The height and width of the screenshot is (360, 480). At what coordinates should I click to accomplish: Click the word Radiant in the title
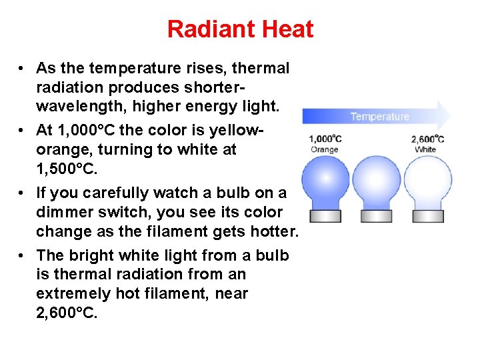[203, 29]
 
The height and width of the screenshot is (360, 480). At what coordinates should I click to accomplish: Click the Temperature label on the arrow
[379, 117]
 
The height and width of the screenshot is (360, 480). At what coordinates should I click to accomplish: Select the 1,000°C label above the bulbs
[325, 139]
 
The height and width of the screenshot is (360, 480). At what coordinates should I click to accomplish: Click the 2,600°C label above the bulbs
[427, 139]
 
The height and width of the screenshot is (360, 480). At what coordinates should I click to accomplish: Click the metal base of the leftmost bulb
[326, 215]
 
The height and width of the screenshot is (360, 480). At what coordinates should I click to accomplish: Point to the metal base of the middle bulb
[377, 215]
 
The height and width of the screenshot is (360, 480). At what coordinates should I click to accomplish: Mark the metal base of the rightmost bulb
[427, 215]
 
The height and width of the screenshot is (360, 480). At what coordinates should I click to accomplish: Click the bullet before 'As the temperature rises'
[22, 69]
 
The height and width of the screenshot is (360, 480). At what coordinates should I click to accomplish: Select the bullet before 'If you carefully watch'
[22, 193]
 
